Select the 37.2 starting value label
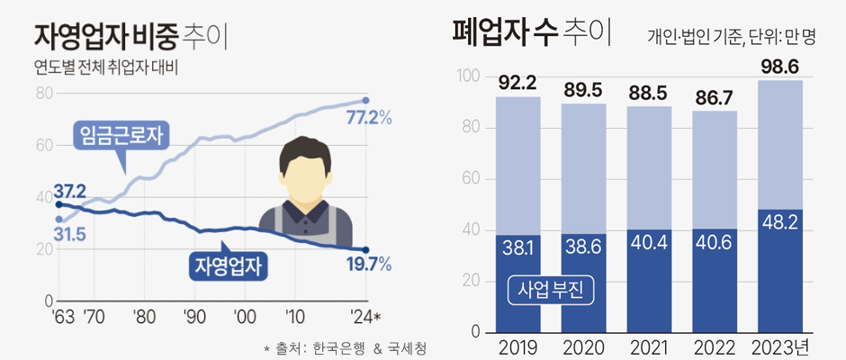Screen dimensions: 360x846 point(69,191)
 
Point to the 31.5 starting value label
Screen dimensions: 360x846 point(68,234)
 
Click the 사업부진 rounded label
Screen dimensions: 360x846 point(548,290)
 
